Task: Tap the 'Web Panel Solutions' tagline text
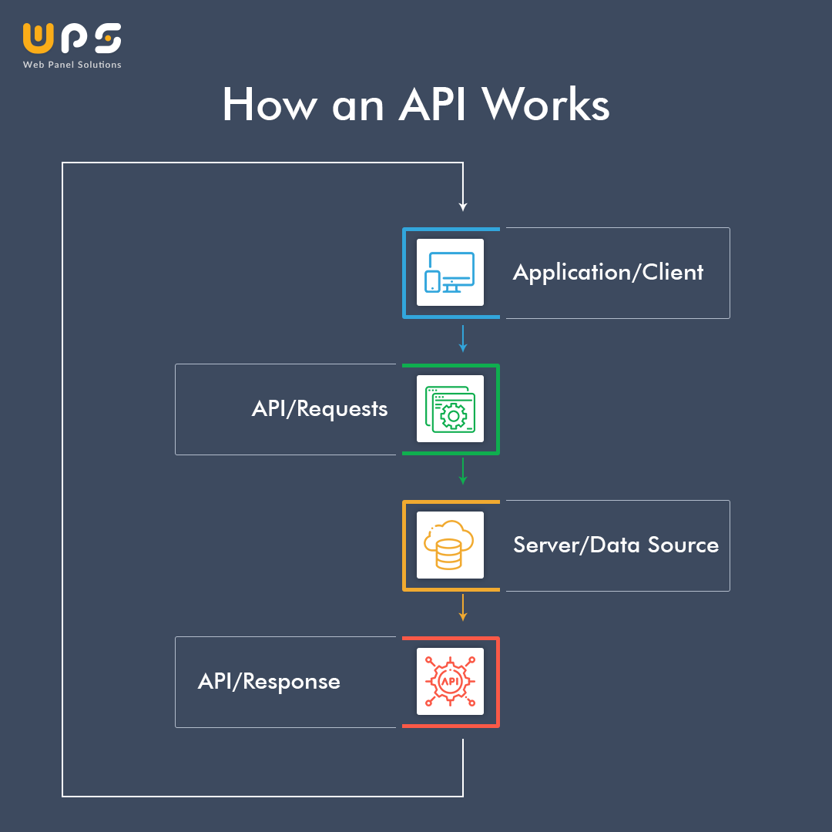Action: pos(72,65)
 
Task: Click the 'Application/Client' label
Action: pos(608,273)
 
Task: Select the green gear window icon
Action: pos(451,409)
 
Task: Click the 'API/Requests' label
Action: pos(320,409)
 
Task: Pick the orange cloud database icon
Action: pos(451,545)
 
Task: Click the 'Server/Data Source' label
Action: pos(616,545)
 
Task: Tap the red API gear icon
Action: pos(451,682)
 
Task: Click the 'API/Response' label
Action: pos(269,682)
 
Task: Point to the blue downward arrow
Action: pos(463,340)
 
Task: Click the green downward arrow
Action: pos(463,471)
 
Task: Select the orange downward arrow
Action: pos(463,608)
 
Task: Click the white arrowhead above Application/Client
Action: pos(463,206)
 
